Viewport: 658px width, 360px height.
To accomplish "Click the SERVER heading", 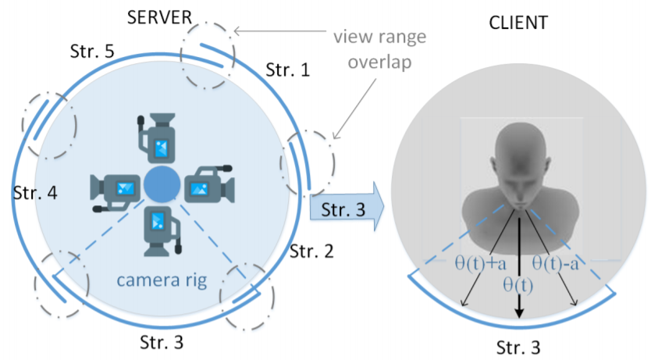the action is (x=159, y=18).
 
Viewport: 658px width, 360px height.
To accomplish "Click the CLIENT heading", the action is (x=518, y=23).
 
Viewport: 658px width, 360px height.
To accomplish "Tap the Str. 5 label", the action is (x=92, y=52).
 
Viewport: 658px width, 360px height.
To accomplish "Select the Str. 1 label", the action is (x=288, y=70).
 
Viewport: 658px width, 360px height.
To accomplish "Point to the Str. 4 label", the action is (x=35, y=193).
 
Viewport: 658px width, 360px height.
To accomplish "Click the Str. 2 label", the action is (x=311, y=251).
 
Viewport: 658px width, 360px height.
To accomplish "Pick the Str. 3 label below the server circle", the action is (x=162, y=342).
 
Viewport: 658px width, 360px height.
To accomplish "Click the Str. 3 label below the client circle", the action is (x=518, y=348).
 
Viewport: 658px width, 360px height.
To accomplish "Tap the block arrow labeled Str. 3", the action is (x=347, y=207).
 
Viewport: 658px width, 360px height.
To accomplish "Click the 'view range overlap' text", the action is (x=380, y=49).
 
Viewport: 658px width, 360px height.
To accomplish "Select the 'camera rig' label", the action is (x=162, y=280).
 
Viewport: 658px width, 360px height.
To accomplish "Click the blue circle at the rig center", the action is (x=162, y=184).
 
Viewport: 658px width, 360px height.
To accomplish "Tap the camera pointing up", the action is (x=157, y=137).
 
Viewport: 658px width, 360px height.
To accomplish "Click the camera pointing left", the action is (x=116, y=192).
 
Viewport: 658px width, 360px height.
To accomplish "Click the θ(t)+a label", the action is (x=481, y=263).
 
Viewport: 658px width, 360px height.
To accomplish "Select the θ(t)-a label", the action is (x=556, y=263).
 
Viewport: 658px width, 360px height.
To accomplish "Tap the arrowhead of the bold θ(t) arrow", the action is (x=519, y=313).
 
